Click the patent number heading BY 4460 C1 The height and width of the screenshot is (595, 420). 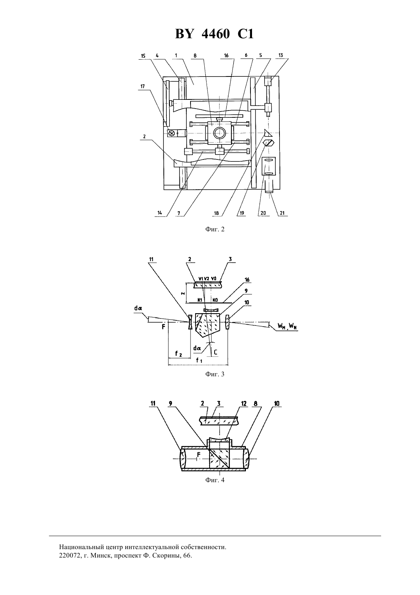(214, 34)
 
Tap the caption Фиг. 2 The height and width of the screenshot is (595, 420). (215, 229)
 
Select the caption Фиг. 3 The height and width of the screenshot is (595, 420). (215, 374)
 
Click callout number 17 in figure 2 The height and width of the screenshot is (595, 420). (143, 86)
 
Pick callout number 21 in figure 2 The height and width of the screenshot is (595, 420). (282, 213)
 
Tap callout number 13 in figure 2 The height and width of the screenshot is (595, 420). (281, 55)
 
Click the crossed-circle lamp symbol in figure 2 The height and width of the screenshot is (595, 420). (172, 133)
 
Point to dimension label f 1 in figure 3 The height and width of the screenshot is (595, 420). (199, 361)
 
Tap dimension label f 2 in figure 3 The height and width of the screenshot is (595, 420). (178, 354)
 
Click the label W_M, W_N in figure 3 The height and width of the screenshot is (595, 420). (287, 326)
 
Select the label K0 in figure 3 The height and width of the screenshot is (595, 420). (215, 300)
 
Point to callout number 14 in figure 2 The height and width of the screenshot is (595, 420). (160, 213)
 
